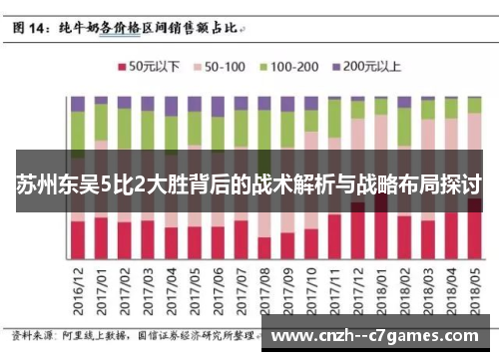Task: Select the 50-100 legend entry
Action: click(225, 68)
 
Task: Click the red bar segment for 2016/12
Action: click(78, 239)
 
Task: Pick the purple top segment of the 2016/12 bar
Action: click(78, 104)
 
